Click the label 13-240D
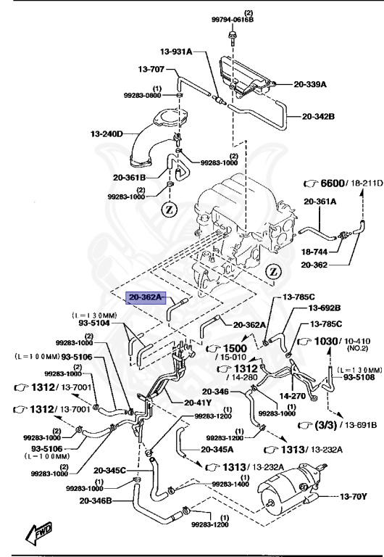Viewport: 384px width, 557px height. pos(107,134)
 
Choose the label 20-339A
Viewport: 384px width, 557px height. pos(309,84)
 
